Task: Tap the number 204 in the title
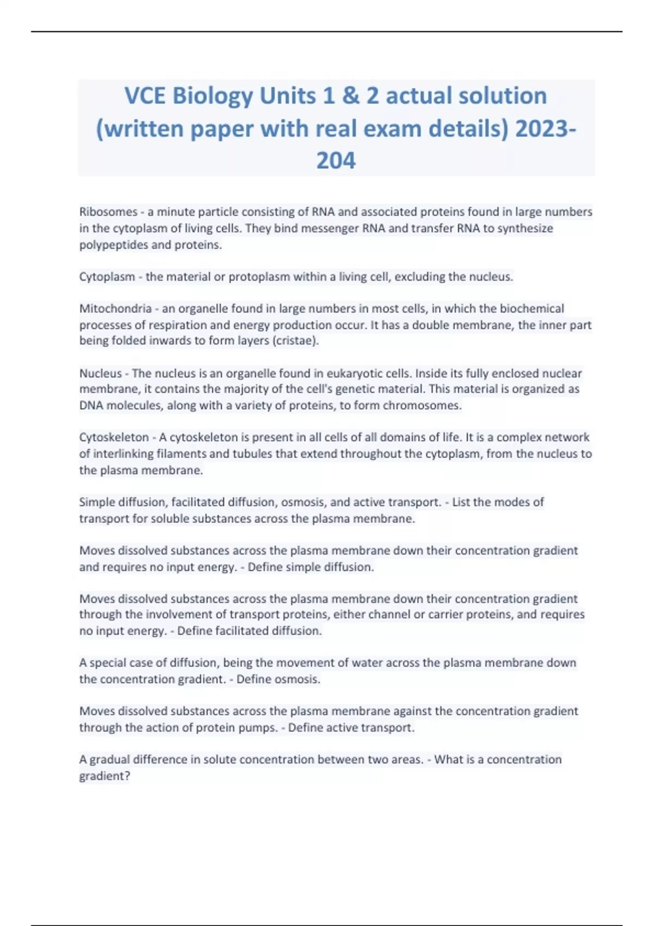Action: (x=336, y=161)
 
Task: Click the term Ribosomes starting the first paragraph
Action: (x=108, y=212)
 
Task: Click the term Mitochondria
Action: (x=116, y=309)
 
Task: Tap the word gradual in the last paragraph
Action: (x=110, y=760)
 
